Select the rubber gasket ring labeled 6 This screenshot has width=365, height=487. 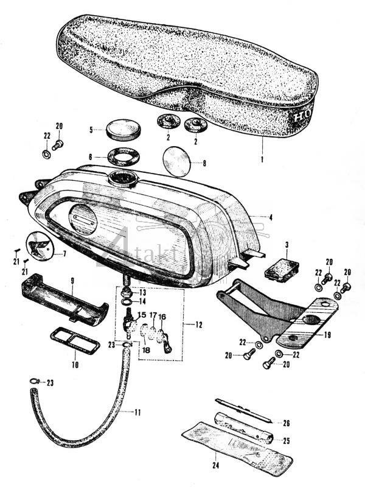123,156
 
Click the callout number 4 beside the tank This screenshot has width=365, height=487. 270,217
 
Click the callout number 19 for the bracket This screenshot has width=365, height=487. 327,334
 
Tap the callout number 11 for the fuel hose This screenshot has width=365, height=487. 137,413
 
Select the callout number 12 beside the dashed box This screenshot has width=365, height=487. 199,325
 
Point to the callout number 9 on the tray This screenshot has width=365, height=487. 72,281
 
